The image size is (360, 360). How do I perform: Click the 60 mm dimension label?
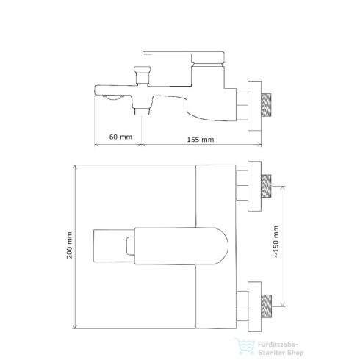coord(120,137)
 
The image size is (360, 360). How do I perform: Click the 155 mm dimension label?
coord(201,140)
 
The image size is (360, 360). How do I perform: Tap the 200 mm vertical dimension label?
coord(70,245)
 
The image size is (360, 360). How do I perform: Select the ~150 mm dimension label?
coord(276,242)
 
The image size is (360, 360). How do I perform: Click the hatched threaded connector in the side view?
coord(266,105)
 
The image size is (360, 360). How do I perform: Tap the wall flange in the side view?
coord(254,106)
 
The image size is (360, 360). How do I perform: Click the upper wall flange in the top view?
coord(254,186)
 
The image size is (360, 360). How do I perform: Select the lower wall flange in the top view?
coord(254,307)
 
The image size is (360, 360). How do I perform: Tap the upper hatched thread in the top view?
coord(266,186)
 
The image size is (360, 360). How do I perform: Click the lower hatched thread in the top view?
coord(266,306)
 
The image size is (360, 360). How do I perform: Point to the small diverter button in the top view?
coord(131,246)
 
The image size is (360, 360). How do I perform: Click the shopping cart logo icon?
coord(245,346)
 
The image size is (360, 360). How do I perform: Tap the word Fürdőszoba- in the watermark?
coord(278,345)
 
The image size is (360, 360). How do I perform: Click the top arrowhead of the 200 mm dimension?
coord(75,167)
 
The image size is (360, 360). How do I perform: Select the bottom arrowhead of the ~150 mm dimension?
coord(283,304)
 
